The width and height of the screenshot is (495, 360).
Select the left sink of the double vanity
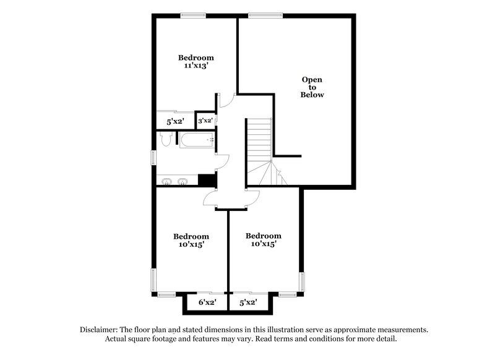tap(168, 181)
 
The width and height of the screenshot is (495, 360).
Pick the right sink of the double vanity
tap(183, 181)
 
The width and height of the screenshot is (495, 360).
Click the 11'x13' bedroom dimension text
tap(196, 66)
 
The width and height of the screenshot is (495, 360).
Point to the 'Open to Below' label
tap(312, 87)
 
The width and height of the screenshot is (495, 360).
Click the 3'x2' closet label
tap(205, 121)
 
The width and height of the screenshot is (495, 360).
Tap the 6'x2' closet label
tap(207, 302)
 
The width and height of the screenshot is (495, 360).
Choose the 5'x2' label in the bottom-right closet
tap(247, 302)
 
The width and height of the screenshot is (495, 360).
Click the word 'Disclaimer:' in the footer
tap(101, 330)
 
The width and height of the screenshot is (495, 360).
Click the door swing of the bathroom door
tap(223, 161)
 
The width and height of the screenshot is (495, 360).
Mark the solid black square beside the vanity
tap(206, 179)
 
